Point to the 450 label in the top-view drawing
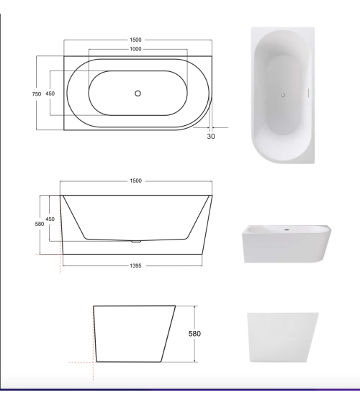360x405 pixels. [50, 94]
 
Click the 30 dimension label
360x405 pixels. [210, 135]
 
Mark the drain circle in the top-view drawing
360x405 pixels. [138, 93]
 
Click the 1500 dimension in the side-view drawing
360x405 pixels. [135, 181]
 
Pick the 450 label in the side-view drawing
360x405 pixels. [50, 219]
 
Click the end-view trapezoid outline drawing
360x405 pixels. [134, 334]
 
